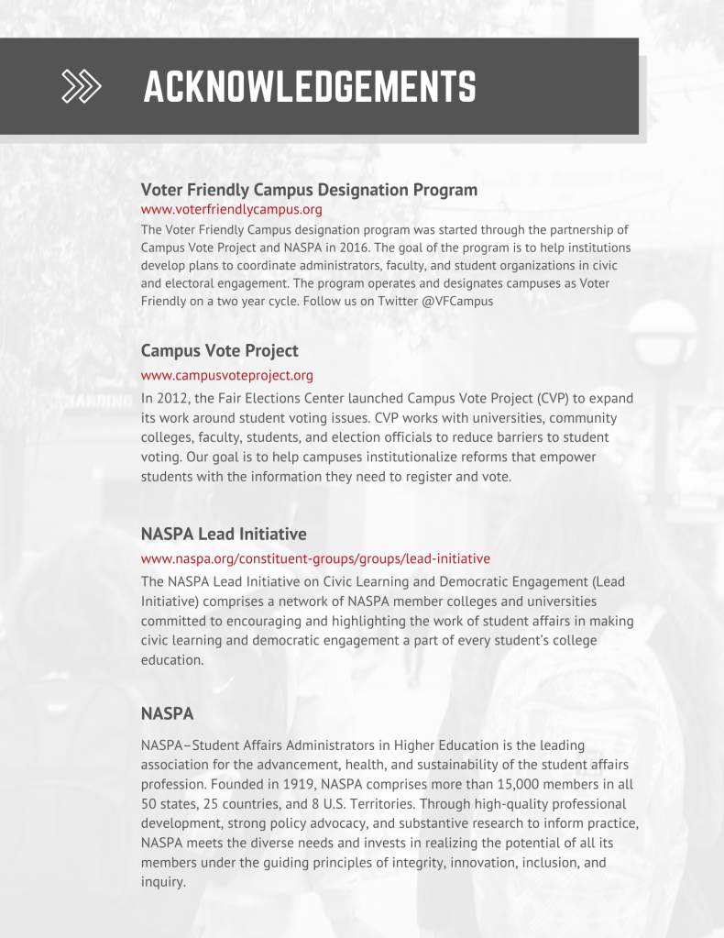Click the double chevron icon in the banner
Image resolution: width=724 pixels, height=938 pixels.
(x=81, y=85)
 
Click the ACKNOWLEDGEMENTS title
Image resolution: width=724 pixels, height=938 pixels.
(x=310, y=87)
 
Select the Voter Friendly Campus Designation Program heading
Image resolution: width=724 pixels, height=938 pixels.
(x=309, y=190)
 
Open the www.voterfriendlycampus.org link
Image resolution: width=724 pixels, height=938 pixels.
(x=231, y=210)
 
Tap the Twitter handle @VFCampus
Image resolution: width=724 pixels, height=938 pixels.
(x=457, y=301)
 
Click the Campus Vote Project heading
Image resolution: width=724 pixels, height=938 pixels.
(x=219, y=350)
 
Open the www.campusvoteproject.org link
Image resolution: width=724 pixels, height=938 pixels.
(x=226, y=375)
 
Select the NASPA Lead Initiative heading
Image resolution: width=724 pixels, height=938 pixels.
(x=224, y=534)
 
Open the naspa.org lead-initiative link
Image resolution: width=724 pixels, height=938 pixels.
(x=315, y=558)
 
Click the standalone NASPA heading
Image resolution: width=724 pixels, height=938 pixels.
(x=167, y=712)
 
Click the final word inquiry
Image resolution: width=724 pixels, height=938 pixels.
(x=162, y=882)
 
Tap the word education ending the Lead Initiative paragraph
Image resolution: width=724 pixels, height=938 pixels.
(x=172, y=659)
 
